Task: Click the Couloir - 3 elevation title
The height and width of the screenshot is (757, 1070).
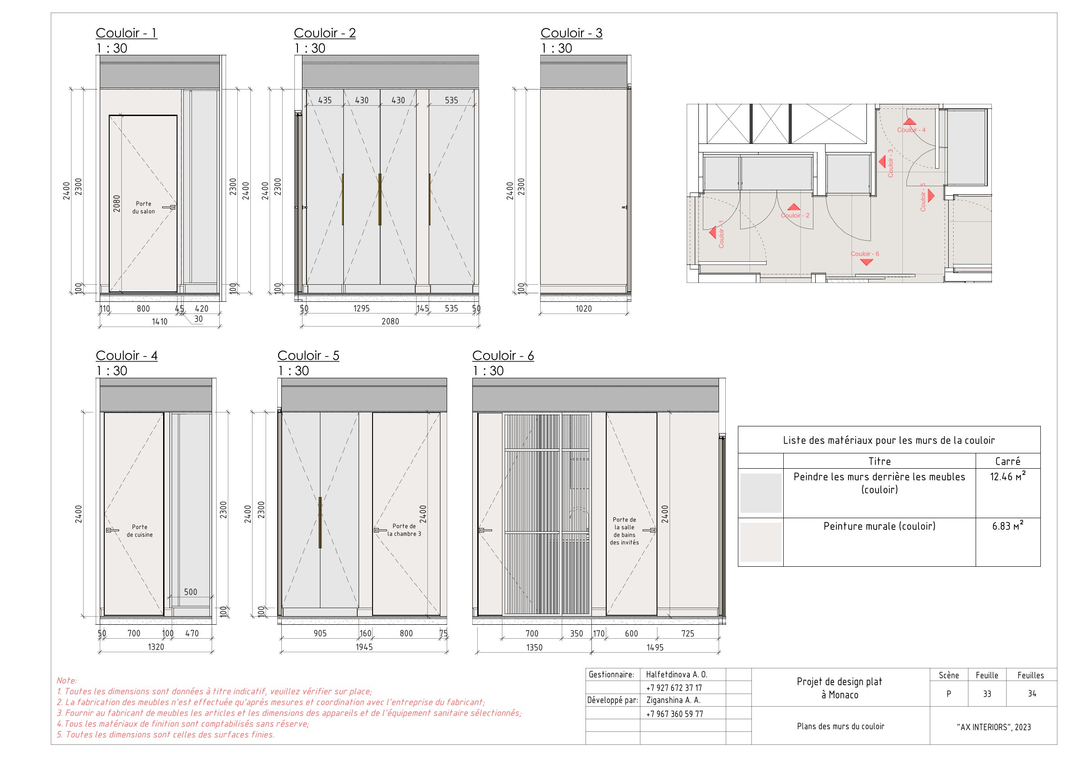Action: (x=571, y=33)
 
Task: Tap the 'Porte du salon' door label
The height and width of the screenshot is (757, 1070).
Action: (x=143, y=207)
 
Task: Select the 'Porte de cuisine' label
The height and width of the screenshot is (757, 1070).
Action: (x=139, y=531)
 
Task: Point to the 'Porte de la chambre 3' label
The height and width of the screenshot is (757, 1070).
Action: (x=404, y=530)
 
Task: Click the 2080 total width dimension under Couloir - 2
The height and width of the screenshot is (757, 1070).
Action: (x=390, y=321)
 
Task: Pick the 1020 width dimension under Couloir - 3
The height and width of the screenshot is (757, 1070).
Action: (x=583, y=309)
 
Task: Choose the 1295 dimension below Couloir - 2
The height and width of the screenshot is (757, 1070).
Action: (x=361, y=309)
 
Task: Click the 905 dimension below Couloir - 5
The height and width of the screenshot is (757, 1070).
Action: (x=320, y=633)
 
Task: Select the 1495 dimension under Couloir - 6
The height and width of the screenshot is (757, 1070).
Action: (x=655, y=647)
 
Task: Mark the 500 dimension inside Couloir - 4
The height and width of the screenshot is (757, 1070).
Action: (x=191, y=592)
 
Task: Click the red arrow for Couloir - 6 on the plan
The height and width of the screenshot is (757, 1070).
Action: (x=866, y=262)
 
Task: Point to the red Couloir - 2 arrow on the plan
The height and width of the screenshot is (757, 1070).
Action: (x=794, y=207)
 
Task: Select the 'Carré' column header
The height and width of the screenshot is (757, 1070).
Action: (x=1008, y=461)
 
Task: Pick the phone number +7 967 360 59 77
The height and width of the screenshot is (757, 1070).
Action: (x=675, y=714)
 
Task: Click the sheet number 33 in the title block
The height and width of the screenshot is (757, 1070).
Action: (x=986, y=694)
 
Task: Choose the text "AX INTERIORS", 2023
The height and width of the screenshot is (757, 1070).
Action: (x=994, y=727)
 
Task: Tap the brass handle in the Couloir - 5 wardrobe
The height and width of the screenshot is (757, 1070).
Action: (x=320, y=522)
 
